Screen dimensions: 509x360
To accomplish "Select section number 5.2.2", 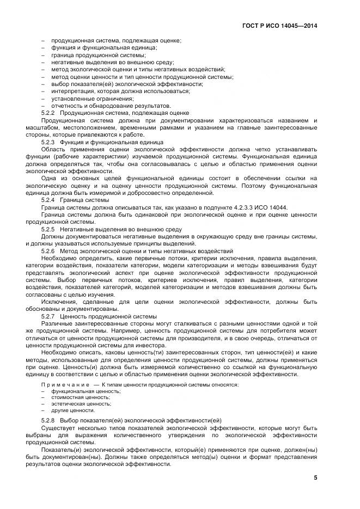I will pyautogui.click(x=50, y=113).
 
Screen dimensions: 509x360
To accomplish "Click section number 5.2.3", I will pyautogui.click(x=50, y=142).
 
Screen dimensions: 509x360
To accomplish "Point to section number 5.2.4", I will pyautogui.click(x=50, y=200).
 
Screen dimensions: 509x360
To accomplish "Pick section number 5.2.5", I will pyautogui.click(x=50, y=229).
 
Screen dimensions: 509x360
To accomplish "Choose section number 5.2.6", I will pyautogui.click(x=50, y=251).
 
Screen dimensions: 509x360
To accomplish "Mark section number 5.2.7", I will pyautogui.click(x=50, y=316).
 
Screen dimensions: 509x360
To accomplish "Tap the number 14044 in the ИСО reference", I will pyautogui.click(x=279, y=207).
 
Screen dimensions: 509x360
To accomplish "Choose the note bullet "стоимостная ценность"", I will pyautogui.click(x=81, y=397).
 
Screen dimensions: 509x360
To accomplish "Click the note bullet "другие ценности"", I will pyautogui.click(x=73, y=410).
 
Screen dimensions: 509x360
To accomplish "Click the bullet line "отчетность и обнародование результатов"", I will pyautogui.click(x=111, y=106).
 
